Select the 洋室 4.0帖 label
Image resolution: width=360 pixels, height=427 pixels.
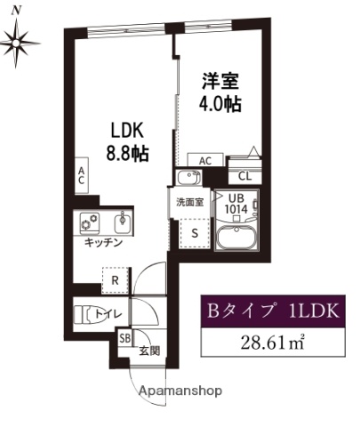218,90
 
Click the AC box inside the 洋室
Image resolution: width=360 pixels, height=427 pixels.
205,160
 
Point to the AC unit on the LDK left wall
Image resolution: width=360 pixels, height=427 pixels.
81,175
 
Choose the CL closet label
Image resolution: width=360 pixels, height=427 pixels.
244,175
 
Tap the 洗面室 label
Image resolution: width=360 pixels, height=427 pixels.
188,202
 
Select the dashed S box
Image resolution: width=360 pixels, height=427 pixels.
195,232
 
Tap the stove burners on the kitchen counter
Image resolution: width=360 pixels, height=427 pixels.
90,222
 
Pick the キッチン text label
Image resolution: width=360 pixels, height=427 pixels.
103,242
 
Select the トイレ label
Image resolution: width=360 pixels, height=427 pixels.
109,313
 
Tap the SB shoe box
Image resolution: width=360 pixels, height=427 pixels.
124,339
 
